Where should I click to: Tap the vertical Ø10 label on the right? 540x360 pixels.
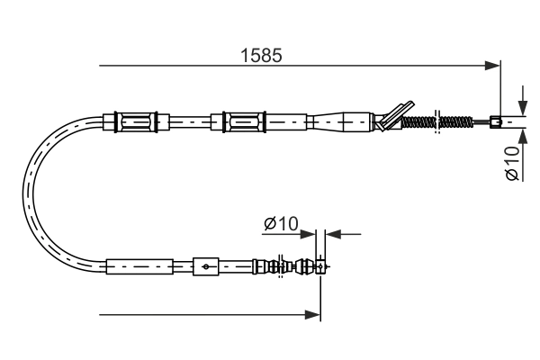point(510,163)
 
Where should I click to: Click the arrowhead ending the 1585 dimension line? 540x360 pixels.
point(492,65)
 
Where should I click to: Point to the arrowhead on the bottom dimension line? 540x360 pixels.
point(314,315)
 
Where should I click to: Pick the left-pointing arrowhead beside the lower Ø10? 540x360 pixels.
point(331,234)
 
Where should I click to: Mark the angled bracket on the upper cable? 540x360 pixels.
point(394,114)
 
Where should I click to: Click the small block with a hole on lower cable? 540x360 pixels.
point(206,266)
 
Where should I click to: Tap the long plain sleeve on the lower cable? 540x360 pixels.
point(139,266)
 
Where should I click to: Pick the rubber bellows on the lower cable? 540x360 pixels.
point(270,266)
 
